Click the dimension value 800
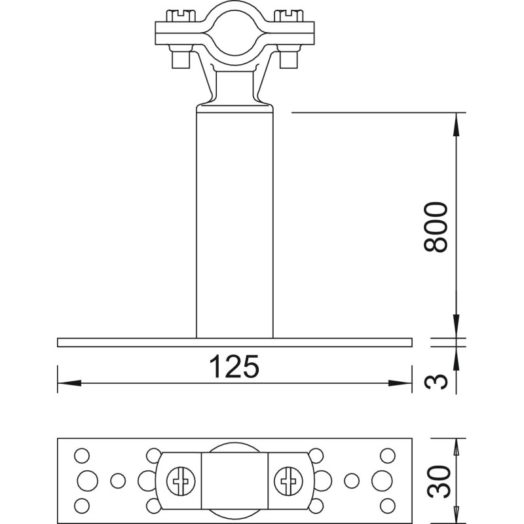[x=436, y=227]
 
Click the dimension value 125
[x=234, y=366]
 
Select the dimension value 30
[x=438, y=481]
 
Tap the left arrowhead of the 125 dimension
[x=69, y=383]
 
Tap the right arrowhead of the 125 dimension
[x=400, y=383]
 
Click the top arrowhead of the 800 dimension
[x=457, y=124]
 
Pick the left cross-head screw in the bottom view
[x=181, y=481]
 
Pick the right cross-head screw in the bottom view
[x=288, y=481]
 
